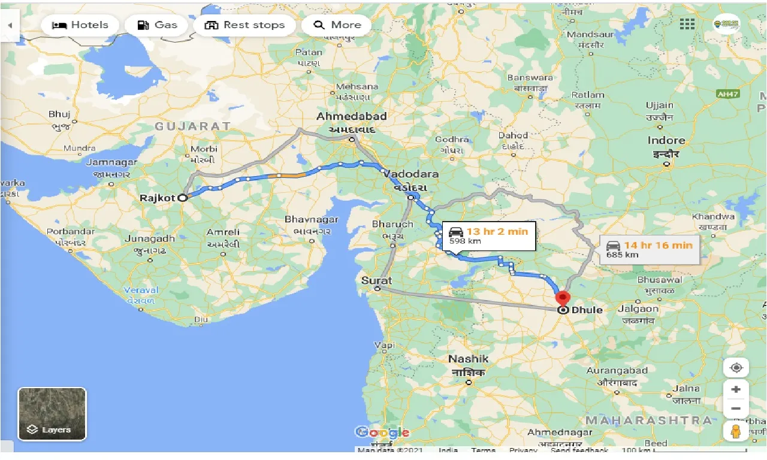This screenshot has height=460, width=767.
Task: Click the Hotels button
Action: coord(80,25)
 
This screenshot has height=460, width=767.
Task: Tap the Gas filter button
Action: coord(157,25)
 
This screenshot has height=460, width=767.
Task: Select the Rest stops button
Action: coord(244,25)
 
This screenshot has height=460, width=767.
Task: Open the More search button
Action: coord(337,25)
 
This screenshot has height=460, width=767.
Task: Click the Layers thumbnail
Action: coord(52,414)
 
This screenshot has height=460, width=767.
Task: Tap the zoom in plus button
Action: coord(736,389)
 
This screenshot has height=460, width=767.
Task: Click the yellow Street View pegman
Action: coord(736,431)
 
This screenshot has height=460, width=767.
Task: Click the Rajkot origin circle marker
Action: coord(182,198)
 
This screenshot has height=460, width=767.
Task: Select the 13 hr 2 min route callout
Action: coord(489,235)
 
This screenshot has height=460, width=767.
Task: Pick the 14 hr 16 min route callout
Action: coord(650,249)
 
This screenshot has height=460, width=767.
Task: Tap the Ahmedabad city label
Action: coord(352,116)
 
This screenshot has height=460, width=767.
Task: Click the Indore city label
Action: coord(666,140)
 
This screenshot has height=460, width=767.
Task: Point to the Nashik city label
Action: coord(469,359)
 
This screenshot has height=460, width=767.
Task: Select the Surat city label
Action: coord(376,280)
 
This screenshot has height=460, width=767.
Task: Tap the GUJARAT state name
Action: coord(192,126)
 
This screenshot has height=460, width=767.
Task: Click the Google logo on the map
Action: coord(382,432)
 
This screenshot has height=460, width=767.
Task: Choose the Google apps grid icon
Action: coord(687,25)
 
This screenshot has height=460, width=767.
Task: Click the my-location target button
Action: coord(736,367)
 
